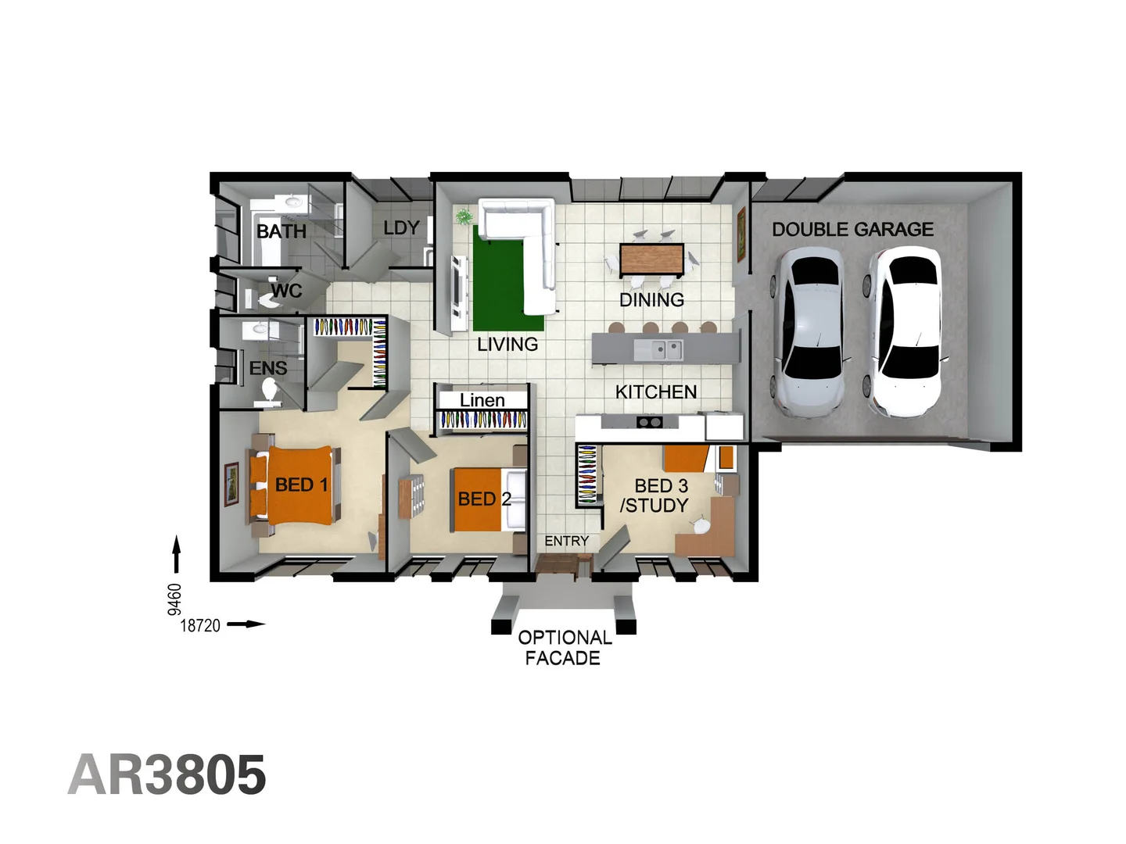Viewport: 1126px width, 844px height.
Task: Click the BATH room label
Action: point(281,231)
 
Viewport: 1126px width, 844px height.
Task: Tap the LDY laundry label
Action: point(402,228)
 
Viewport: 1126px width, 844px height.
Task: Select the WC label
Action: point(287,291)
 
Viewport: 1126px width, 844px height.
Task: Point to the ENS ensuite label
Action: point(268,368)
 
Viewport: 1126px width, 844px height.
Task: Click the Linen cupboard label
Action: point(482,400)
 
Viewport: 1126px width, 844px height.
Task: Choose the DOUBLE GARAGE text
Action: point(852,229)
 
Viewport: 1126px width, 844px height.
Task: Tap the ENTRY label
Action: point(566,541)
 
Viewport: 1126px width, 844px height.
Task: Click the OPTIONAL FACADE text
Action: point(565,648)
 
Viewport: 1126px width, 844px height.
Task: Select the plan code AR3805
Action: point(167,774)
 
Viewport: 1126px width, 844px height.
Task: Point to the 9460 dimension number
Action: point(174,599)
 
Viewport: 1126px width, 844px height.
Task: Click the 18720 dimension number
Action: point(200,626)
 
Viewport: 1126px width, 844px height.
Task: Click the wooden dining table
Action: point(651,259)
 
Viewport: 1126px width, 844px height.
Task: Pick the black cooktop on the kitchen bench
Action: point(650,422)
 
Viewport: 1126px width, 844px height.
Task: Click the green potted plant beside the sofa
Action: point(464,216)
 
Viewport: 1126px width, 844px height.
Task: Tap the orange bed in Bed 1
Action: point(299,485)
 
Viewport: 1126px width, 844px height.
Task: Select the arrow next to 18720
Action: point(246,624)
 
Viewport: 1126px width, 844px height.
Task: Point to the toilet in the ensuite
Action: point(269,392)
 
